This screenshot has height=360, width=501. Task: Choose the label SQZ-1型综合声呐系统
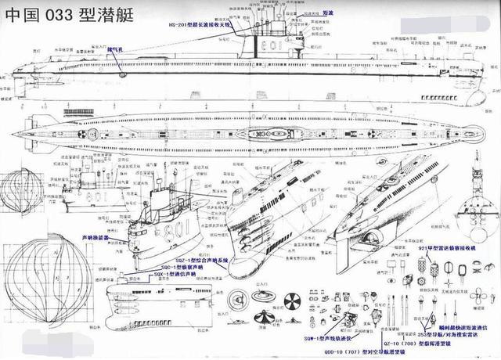194,259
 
